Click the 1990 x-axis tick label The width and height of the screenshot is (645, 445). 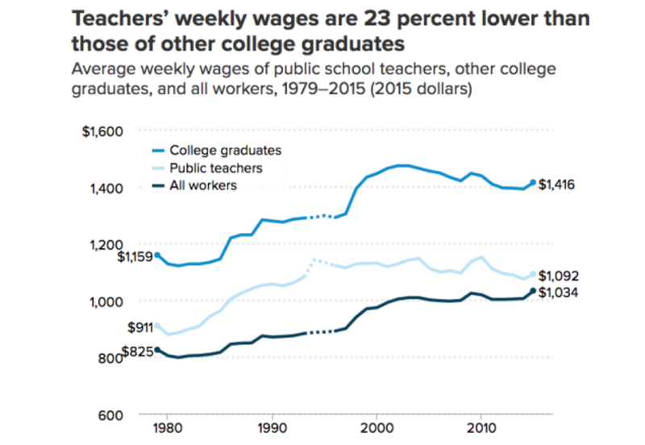pos(272,426)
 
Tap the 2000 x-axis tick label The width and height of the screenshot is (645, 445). pos(377,426)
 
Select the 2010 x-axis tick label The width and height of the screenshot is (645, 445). pos(481,426)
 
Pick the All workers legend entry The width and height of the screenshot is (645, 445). pos(202,186)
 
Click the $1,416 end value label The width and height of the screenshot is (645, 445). pos(556,185)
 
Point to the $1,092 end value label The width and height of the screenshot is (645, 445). pos(558,276)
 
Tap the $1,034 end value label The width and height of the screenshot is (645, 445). pos(558,293)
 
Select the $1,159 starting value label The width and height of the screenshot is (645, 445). pos(135,257)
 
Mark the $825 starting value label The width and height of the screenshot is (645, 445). pos(136,352)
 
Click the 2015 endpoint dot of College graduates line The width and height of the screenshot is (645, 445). pos(533,182)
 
